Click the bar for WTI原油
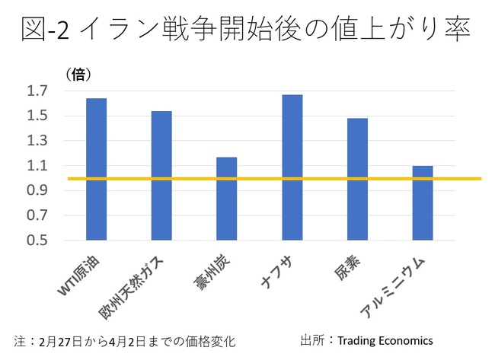96,169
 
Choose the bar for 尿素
357,179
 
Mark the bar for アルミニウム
422,202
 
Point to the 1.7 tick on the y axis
37,91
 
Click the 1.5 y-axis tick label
37,116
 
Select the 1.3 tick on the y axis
37,141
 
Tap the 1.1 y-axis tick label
37,166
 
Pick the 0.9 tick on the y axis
37,191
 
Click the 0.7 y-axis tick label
37,215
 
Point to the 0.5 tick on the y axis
37,241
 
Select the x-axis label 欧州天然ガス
137,285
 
